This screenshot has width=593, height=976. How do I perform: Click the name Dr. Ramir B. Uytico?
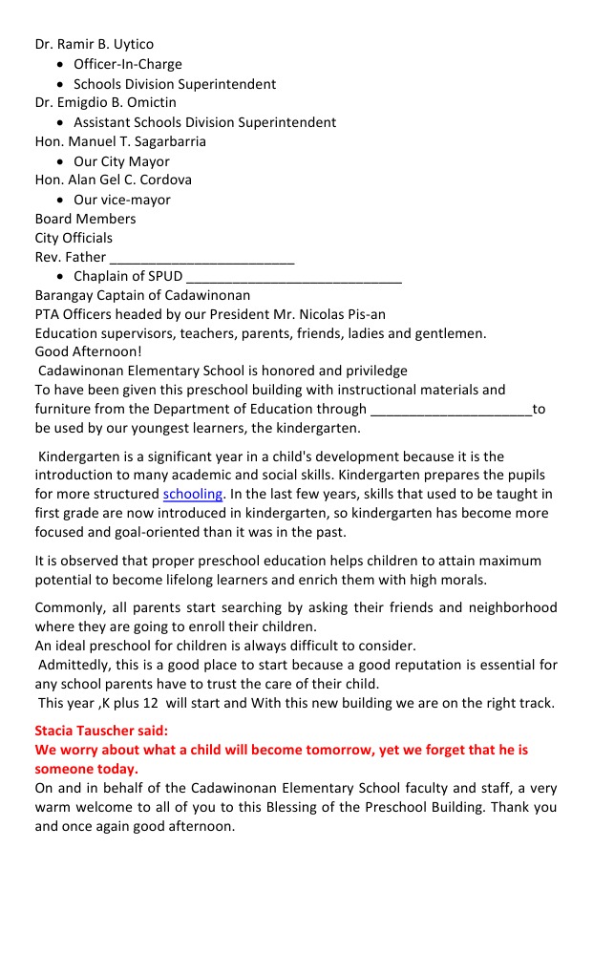point(94,44)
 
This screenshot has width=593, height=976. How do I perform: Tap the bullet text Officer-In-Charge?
point(127,64)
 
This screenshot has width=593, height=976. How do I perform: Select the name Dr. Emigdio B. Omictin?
point(105,102)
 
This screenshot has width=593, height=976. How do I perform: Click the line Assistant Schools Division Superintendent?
point(204,122)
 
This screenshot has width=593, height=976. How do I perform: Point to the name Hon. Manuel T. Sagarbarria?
point(120,141)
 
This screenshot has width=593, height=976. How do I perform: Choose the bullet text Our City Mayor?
point(121,161)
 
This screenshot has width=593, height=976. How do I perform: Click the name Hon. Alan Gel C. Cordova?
point(113,180)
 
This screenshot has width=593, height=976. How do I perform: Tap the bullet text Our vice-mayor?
point(122,200)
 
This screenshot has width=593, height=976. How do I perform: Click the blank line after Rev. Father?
point(201,257)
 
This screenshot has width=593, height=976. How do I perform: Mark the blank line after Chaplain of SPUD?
point(294,276)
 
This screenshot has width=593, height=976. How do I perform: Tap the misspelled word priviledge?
point(373,371)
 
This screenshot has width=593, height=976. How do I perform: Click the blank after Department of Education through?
point(451,409)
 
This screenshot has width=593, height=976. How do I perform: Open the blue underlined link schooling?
point(193,494)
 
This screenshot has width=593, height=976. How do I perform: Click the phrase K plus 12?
point(118,703)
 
